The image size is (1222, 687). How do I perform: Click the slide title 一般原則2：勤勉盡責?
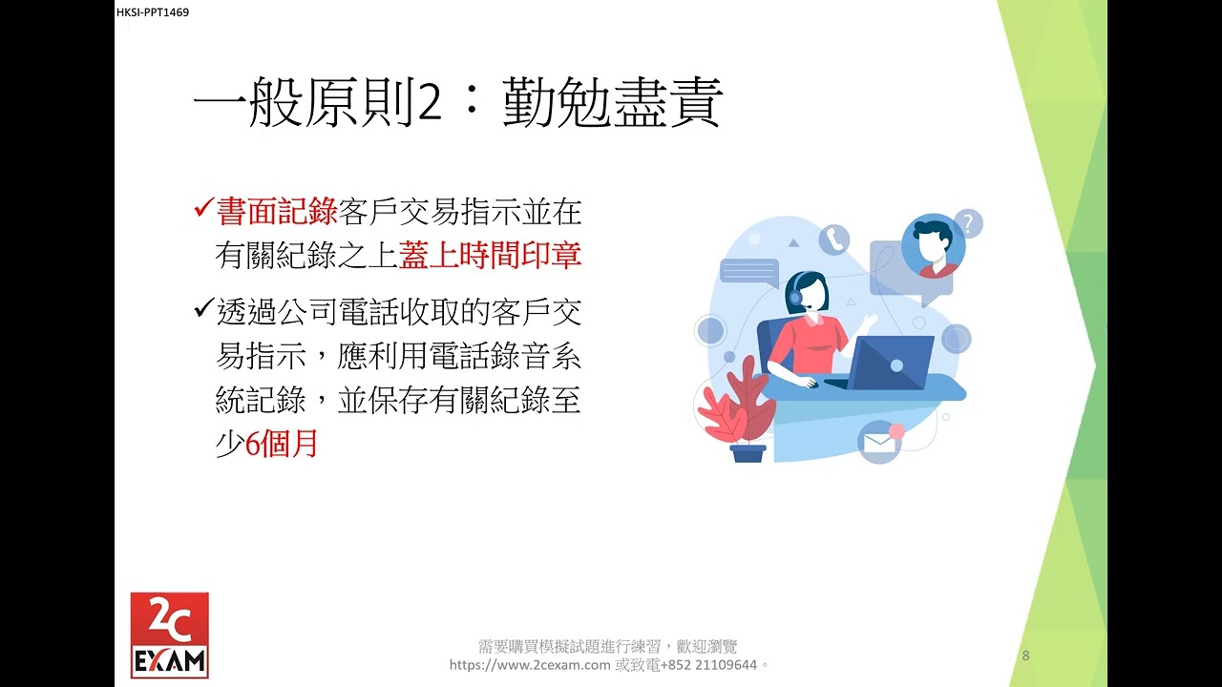[x=457, y=103]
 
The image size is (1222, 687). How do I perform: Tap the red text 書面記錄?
[x=278, y=212]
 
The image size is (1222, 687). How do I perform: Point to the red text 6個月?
[x=282, y=445]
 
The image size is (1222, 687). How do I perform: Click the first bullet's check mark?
[x=202, y=209]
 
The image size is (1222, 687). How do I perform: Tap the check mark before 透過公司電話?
[x=202, y=309]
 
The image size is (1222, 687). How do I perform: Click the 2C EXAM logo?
[x=169, y=635]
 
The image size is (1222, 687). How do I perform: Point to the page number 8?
[x=1025, y=656]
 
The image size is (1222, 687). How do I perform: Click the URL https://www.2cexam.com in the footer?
[x=529, y=665]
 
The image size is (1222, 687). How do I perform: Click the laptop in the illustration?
[x=890, y=362]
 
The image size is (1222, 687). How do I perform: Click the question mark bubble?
[x=968, y=224]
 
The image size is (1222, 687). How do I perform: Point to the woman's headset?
[x=795, y=296]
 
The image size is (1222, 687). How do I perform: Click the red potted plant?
[x=737, y=410]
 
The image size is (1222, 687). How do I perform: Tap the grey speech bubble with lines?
[x=748, y=271]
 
